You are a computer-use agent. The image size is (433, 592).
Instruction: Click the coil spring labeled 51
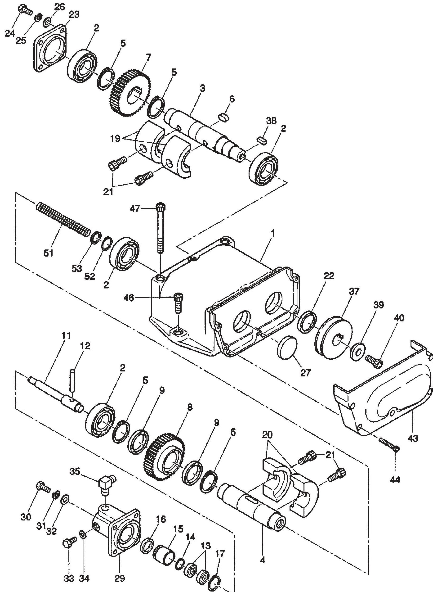pos(63,219)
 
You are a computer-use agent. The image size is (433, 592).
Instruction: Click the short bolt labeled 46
pos(179,303)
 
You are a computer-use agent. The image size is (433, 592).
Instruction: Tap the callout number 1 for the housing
pos(272,233)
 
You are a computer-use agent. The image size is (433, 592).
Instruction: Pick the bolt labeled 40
pos(374,360)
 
